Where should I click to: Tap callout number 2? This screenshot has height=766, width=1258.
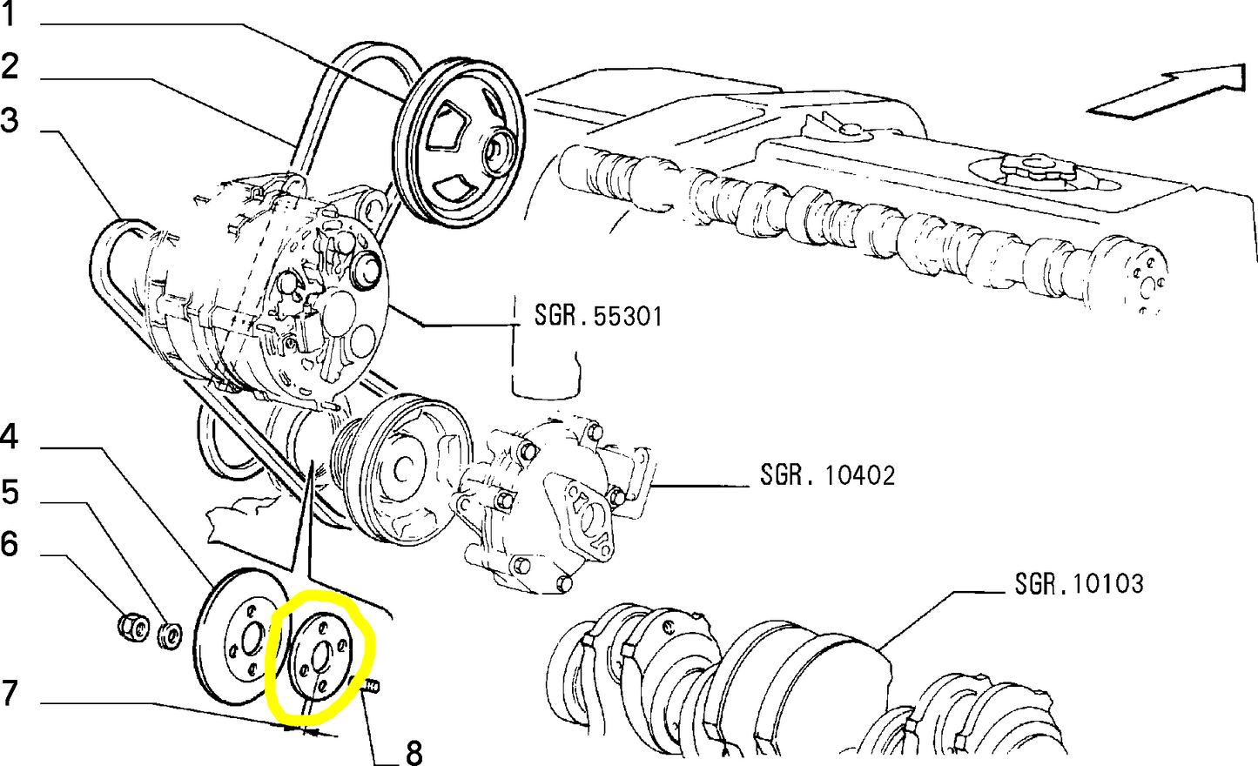pyautogui.click(x=10, y=66)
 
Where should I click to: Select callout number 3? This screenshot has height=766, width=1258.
pyautogui.click(x=10, y=121)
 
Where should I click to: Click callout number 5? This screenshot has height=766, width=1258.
pyautogui.click(x=10, y=493)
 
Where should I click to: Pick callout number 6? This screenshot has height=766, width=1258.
pyautogui.click(x=10, y=545)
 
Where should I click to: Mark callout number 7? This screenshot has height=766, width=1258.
pyautogui.click(x=10, y=693)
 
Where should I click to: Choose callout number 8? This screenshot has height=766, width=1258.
pyautogui.click(x=414, y=751)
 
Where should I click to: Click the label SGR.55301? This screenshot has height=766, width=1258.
pyautogui.click(x=598, y=315)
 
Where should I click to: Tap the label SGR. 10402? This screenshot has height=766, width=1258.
pyautogui.click(x=827, y=475)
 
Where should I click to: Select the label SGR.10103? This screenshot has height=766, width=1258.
pyautogui.click(x=1079, y=583)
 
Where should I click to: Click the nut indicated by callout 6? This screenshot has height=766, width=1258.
pyautogui.click(x=130, y=628)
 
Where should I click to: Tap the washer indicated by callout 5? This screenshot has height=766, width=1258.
pyautogui.click(x=170, y=635)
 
